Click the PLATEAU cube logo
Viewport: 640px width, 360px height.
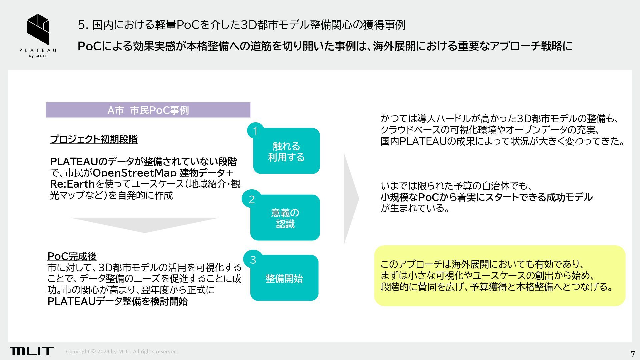38,29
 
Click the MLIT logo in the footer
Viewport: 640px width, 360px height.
32,351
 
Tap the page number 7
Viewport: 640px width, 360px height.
633,354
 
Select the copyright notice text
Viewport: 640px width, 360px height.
122,351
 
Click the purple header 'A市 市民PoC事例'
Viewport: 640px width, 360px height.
148,110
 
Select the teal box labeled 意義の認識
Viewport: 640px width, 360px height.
285,218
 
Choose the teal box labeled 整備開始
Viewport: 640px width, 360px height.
284,278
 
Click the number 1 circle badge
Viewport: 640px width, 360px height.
255,131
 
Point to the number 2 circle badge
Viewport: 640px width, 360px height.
252,199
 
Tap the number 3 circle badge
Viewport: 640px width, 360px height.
253,260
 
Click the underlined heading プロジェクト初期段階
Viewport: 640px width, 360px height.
94,139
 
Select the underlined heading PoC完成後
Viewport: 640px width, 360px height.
72,256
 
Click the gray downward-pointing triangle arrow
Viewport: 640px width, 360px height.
145,224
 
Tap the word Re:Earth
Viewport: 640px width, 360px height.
72,184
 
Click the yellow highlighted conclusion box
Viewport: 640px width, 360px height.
499,276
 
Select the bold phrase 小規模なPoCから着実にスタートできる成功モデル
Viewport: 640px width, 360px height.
486,197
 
